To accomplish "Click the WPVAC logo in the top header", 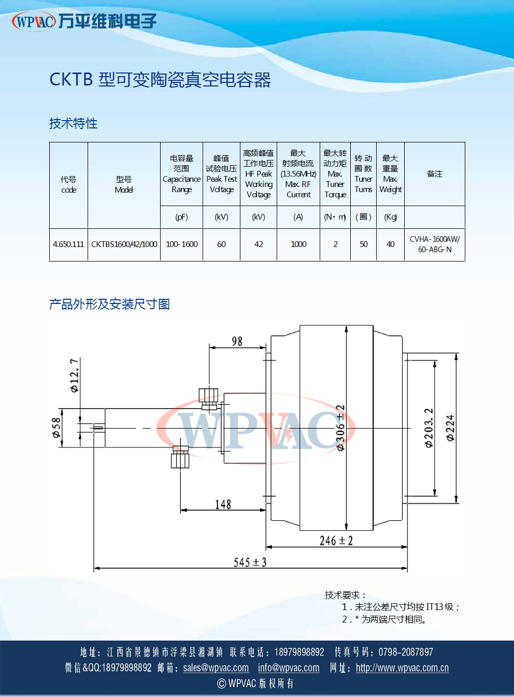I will point(34,21).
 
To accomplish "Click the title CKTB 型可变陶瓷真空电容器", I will point(160,80).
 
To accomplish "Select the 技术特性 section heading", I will point(73,123).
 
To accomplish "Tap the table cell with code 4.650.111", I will point(68,244).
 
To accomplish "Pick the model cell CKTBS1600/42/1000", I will point(124,244).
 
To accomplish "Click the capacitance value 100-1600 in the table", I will point(182,244).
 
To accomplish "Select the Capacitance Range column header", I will point(182,174).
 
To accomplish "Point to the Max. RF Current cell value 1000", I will point(298,244).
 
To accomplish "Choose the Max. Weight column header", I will point(390,174).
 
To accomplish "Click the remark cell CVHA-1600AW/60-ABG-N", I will point(435,244).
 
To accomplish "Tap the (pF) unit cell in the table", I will point(182,217).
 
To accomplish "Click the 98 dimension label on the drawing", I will point(237,341).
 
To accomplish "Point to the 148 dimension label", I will point(223,504).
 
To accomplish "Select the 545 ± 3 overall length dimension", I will point(250,562).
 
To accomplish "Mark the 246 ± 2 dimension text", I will point(336,541).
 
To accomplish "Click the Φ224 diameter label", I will point(450,428).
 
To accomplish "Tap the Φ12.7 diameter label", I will point(75,375).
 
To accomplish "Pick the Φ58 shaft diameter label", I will point(56,428).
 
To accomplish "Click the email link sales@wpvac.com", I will point(216,668).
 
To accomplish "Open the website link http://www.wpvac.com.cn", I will point(402,668).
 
